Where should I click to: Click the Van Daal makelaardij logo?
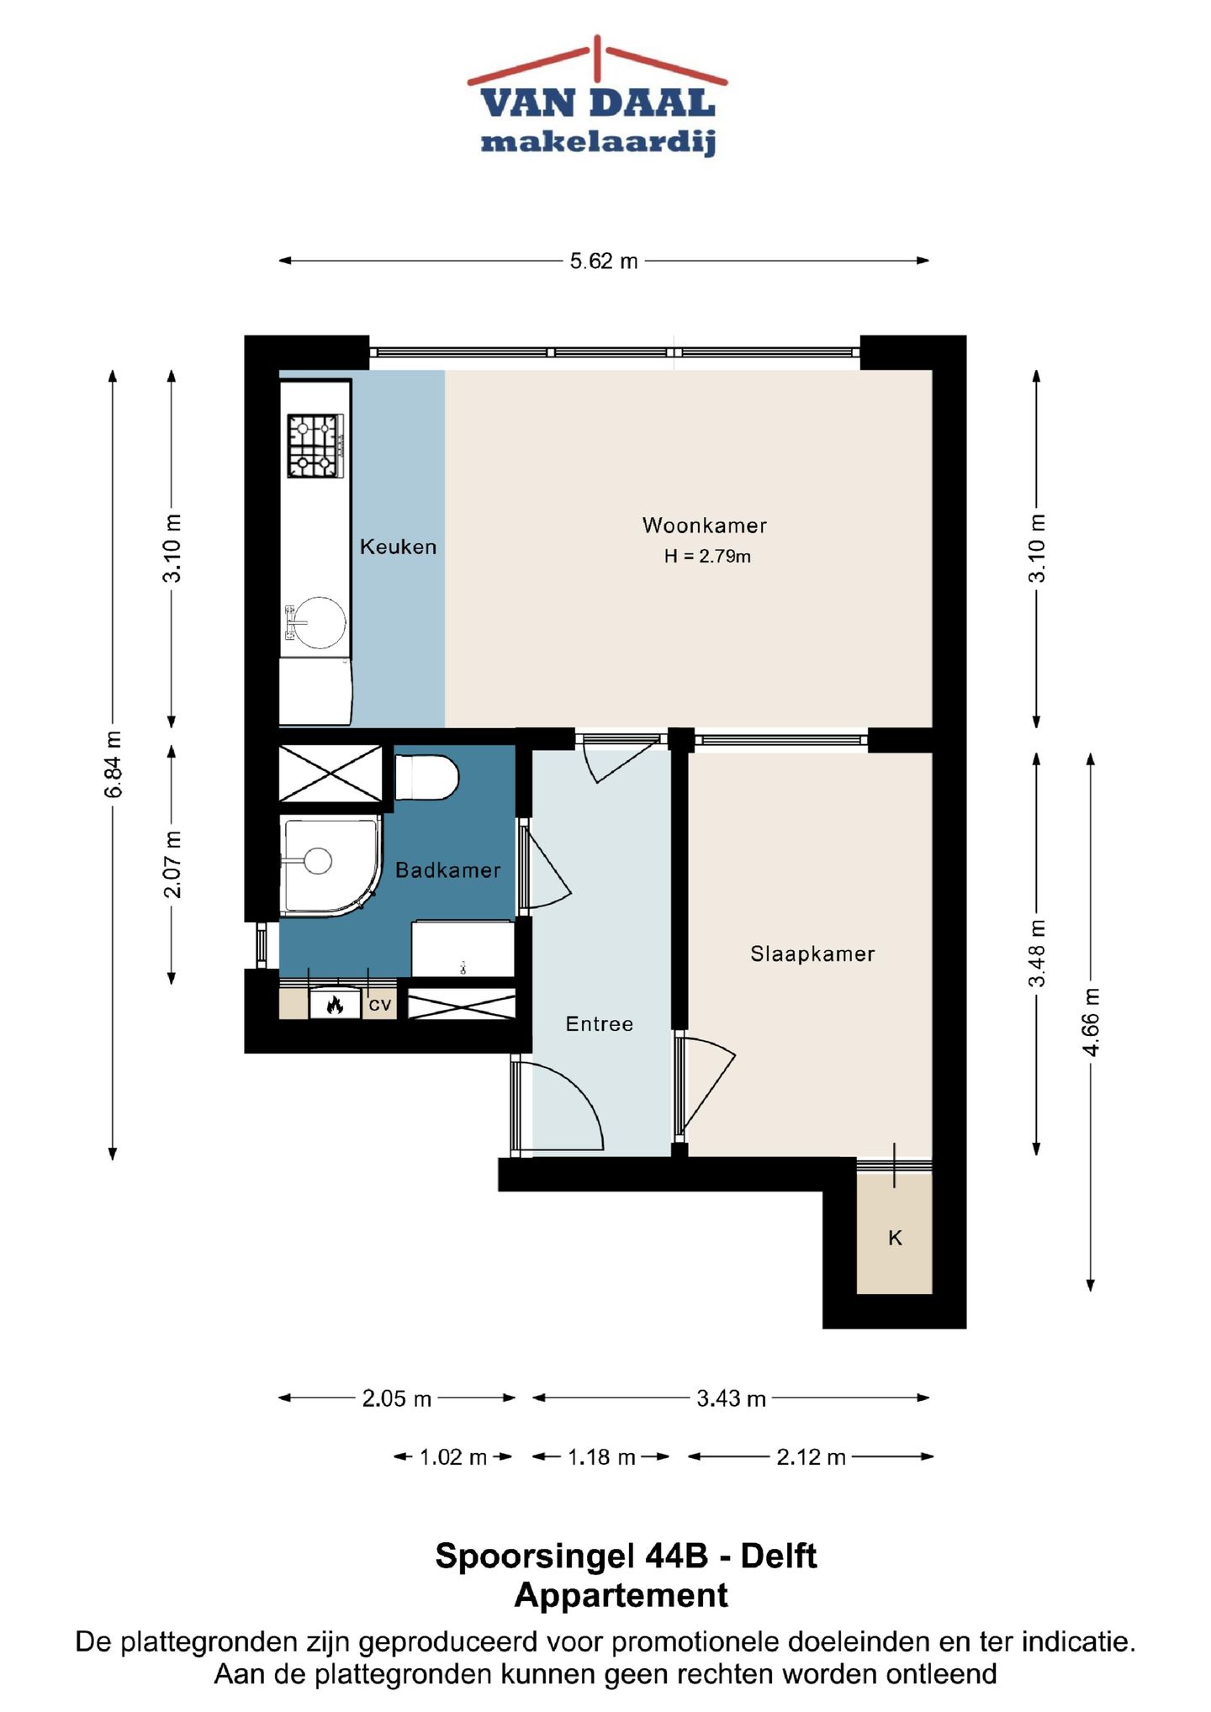(597, 96)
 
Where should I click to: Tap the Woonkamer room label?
(705, 526)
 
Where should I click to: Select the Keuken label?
(399, 547)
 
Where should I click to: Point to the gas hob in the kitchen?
(316, 446)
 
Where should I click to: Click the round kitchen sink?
(318, 622)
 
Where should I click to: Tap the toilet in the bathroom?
(426, 778)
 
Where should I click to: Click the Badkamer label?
(448, 870)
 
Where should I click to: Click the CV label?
(380, 1005)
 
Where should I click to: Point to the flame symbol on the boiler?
(335, 1004)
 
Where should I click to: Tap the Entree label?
(600, 1024)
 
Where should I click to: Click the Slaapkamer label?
(812, 954)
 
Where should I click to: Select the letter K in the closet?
(895, 1238)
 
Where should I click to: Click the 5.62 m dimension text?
(604, 262)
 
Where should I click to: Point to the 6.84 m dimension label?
(114, 765)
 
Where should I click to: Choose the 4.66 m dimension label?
(1091, 1021)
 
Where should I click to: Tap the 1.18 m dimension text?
(601, 1457)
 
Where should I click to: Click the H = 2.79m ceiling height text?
(707, 556)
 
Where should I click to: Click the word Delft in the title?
(778, 1556)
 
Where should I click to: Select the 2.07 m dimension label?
(172, 864)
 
